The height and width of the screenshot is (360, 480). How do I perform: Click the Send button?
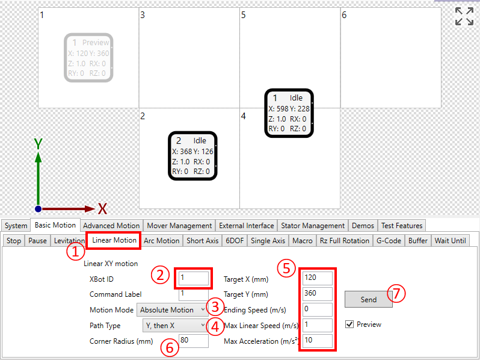click(368, 299)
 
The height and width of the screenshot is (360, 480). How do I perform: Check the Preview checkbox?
click(349, 324)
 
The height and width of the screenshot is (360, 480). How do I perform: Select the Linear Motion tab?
click(114, 240)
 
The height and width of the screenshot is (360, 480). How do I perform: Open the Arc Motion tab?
click(162, 241)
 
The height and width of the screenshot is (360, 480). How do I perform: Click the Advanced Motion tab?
click(111, 226)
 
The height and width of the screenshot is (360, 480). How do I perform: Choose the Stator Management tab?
click(313, 226)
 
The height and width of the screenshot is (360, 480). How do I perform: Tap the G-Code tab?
click(389, 241)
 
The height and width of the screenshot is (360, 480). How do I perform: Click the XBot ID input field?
click(194, 279)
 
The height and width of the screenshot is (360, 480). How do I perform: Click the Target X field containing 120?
click(318, 278)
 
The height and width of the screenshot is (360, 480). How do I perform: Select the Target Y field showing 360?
click(318, 294)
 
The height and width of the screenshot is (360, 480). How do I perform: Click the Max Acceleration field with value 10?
click(318, 341)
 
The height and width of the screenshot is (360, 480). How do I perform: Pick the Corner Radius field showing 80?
click(194, 341)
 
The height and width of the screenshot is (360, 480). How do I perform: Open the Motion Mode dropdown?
click(173, 310)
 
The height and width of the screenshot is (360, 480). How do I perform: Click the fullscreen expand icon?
click(464, 16)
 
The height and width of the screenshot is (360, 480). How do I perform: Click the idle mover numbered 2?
click(192, 156)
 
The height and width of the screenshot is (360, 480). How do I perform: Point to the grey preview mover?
click(88, 58)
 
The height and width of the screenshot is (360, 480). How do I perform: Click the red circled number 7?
click(396, 294)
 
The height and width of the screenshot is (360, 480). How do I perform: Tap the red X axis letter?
click(102, 209)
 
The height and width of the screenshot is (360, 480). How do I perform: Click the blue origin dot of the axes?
click(38, 209)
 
